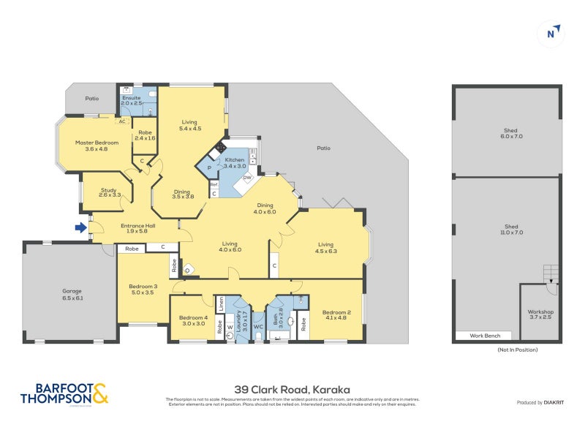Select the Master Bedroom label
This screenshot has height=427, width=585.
click(91, 145)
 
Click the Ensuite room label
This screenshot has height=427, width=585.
click(132, 99)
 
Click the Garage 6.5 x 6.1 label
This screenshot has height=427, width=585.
click(71, 294)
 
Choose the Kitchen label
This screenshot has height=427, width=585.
click(234, 162)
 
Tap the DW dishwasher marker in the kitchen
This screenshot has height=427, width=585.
click(247, 178)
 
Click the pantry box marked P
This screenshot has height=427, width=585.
click(209, 167)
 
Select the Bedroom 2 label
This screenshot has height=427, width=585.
click(336, 316)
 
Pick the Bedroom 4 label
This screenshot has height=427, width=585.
click(194, 320)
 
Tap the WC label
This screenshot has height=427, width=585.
click(258, 326)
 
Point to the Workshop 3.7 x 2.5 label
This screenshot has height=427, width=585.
click(541, 315)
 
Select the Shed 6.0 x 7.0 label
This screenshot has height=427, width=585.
click(507, 134)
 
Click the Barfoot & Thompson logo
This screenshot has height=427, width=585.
click(64, 393)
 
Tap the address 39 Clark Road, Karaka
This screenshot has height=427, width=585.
click(292, 389)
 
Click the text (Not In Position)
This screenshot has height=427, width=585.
click(507, 350)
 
